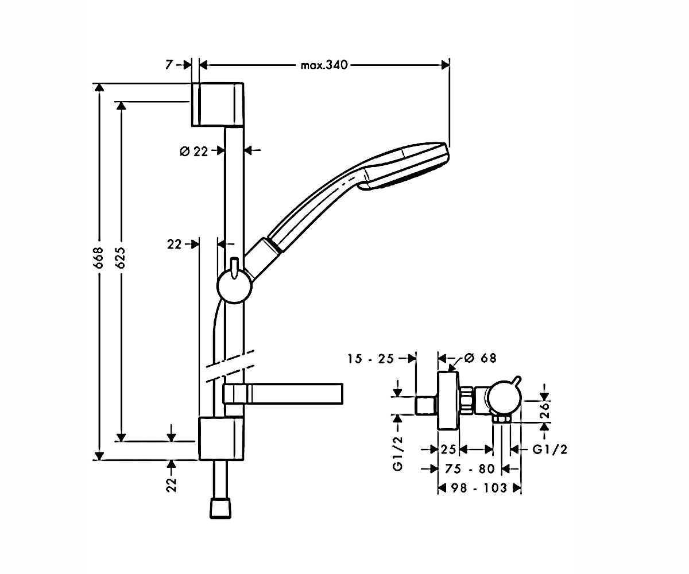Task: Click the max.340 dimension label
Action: pos(324,65)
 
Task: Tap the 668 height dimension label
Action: pos(99,258)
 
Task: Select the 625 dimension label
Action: pos(121,258)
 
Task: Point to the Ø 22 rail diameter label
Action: pos(194,152)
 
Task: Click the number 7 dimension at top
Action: pos(169,65)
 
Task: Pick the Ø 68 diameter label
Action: pos(480,358)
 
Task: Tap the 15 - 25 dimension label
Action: pos(371,359)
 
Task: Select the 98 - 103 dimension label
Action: pos(479,487)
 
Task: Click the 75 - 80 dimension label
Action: pos(470,468)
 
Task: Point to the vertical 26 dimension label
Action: pos(544,410)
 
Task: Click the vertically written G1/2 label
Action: pos(398,453)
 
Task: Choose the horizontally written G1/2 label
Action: pos(550,449)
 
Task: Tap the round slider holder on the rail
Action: pos(234,286)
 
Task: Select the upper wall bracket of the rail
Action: pos(218,104)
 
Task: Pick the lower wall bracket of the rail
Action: pos(222,439)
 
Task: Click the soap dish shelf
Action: pos(283,394)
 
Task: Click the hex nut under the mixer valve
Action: pos(502,418)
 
